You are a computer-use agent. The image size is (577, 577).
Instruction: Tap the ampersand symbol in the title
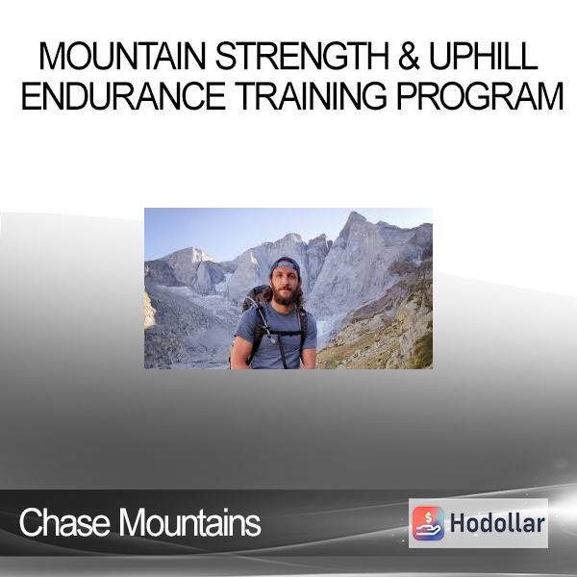[x=409, y=56]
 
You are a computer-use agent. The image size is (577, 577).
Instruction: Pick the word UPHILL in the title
[x=484, y=56]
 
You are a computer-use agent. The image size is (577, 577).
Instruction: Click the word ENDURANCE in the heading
[x=123, y=96]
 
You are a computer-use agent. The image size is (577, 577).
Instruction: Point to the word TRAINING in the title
[x=311, y=96]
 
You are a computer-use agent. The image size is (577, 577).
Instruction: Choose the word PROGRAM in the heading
[x=480, y=96]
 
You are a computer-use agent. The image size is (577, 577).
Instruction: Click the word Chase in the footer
[x=64, y=522]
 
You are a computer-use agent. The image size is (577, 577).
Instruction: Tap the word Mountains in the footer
[x=189, y=522]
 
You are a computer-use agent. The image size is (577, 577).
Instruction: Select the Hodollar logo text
[x=497, y=523]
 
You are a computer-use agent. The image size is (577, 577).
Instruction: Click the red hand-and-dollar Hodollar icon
[x=428, y=523]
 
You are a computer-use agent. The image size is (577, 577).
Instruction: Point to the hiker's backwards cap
[x=286, y=265]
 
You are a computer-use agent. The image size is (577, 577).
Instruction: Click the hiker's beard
[x=285, y=297]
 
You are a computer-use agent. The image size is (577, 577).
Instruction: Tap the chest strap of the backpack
[x=284, y=333]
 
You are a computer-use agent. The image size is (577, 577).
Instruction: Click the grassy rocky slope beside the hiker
[x=383, y=331]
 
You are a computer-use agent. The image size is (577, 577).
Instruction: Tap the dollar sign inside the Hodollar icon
[x=428, y=517]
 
